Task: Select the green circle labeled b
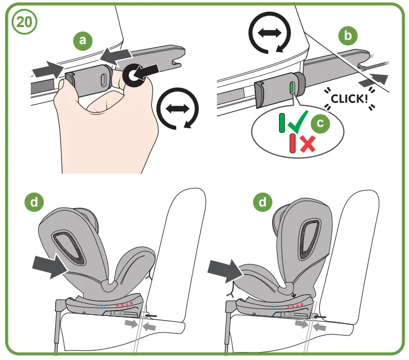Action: point(347,36)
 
